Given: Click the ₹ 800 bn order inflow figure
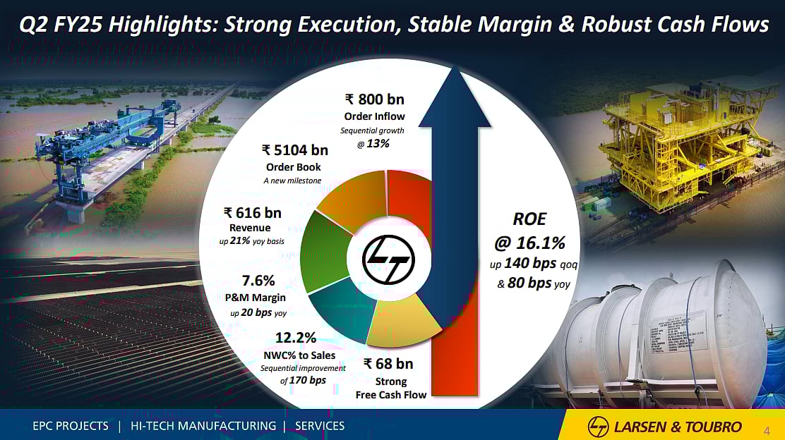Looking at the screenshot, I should tap(374, 99).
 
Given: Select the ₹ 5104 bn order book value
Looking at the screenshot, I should tap(294, 149).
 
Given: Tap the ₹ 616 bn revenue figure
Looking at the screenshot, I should tap(252, 212).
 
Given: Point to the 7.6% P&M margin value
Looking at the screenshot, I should tap(258, 281).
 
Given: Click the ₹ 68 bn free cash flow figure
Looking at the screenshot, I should tap(388, 364).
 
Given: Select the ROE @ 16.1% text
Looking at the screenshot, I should tap(529, 231).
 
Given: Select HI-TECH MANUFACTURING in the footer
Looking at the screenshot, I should tap(203, 426).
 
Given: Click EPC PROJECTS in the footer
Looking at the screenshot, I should tap(71, 426).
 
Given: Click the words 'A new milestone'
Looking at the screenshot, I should tap(292, 181).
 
